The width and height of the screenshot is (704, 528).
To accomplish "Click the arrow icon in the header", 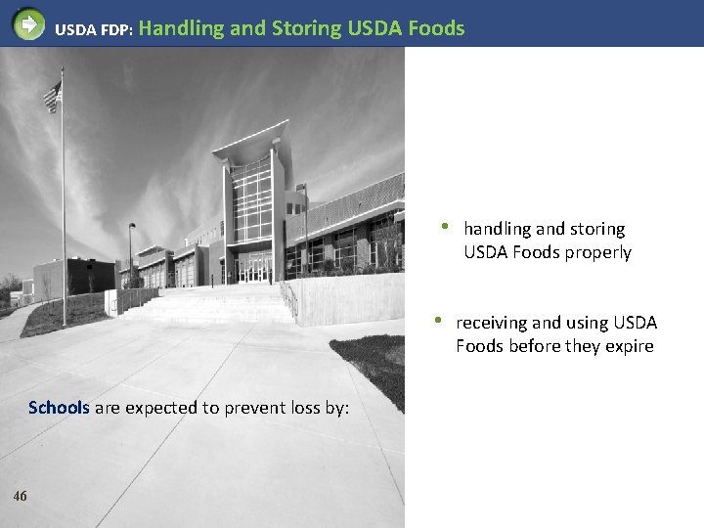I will pyautogui.click(x=29, y=23).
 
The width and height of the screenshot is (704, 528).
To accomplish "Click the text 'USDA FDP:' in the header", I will pyautogui.click(x=90, y=29).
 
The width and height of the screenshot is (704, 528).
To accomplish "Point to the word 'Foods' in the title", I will pyautogui.click(x=437, y=28).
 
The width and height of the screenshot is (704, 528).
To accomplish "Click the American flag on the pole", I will pyautogui.click(x=52, y=96).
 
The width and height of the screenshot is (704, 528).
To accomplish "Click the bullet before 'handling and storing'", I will pyautogui.click(x=444, y=227).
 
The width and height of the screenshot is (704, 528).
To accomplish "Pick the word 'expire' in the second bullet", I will pyautogui.click(x=628, y=346).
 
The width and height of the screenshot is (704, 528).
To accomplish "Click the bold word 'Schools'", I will pyautogui.click(x=59, y=408).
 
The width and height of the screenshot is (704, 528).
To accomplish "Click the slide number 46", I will pyautogui.click(x=21, y=496).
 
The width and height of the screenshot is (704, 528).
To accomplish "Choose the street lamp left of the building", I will pyautogui.click(x=130, y=253).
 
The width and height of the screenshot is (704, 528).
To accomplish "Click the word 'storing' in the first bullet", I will pyautogui.click(x=596, y=229).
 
